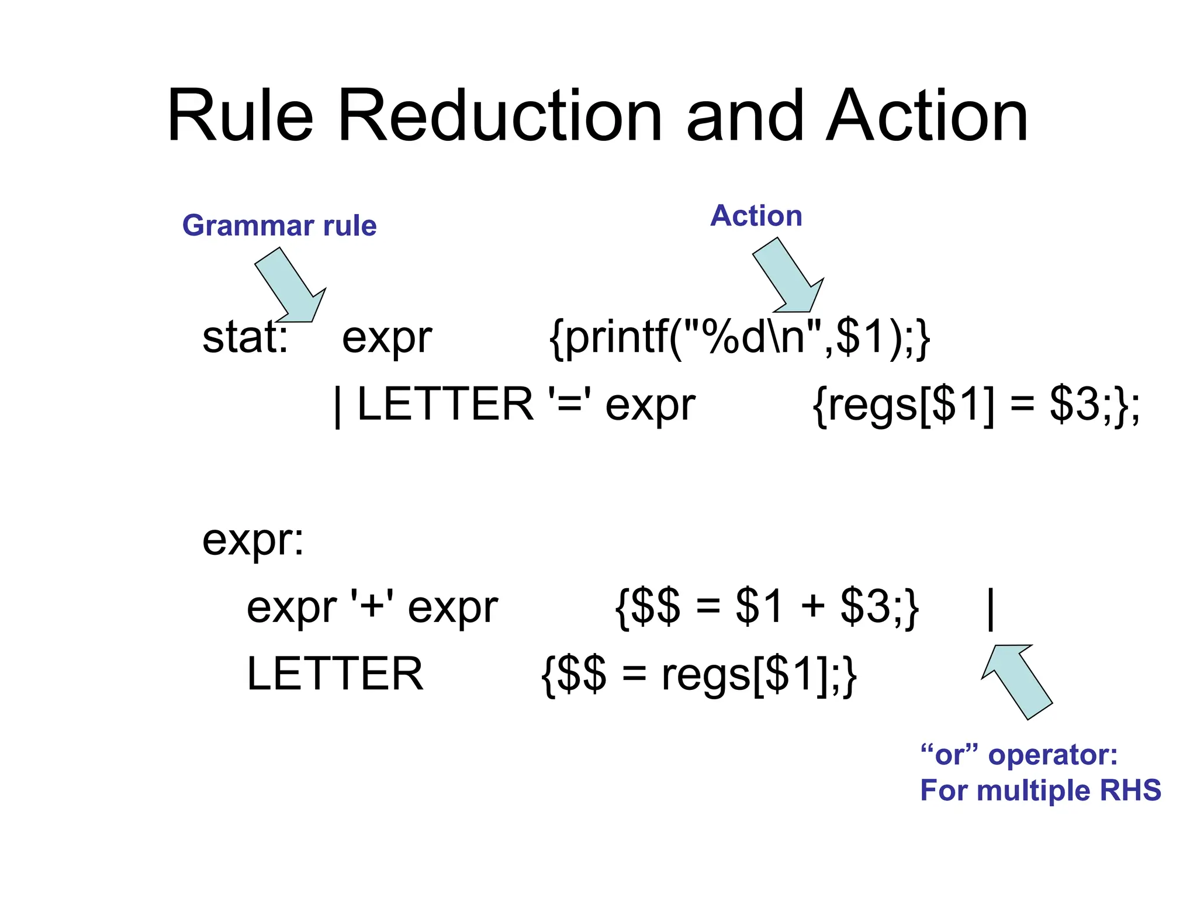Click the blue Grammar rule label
coord(279,226)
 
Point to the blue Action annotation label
coord(756,216)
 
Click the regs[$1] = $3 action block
coord(975,405)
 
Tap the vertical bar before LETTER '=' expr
coord(338,406)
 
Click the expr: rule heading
coord(253,540)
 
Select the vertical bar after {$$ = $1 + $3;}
coord(991,609)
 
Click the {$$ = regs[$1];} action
coord(699,675)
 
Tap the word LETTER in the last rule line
coord(335,673)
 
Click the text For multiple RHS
coord(1040,790)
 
